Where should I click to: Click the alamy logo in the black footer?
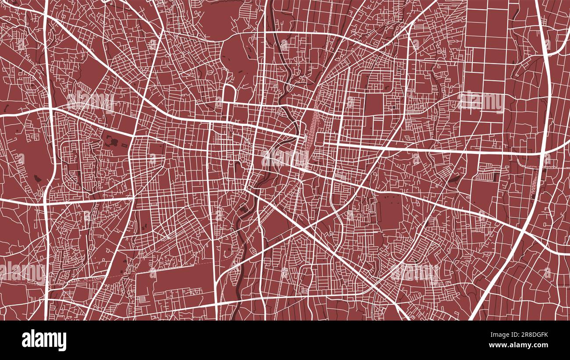tap(44, 340)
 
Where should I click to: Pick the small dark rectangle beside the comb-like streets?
tap(494, 177)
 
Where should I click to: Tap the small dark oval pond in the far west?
tap(36, 178)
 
